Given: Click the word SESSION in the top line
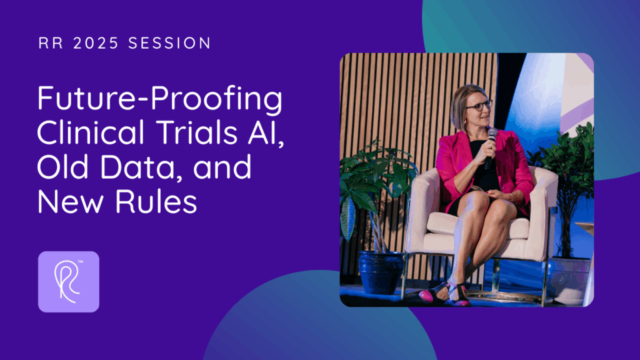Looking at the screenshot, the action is (169, 43).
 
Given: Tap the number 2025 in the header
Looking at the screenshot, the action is (96, 43).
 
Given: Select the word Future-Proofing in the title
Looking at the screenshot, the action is (159, 99).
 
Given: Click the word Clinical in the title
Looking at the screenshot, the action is (91, 132).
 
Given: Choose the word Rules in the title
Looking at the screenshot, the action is (156, 201).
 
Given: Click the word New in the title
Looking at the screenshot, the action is (70, 202).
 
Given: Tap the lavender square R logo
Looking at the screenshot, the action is (69, 282).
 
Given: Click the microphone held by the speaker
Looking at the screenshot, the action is (490, 147).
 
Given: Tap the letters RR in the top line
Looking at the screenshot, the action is (51, 43).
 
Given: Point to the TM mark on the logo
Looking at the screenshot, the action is (81, 262).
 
